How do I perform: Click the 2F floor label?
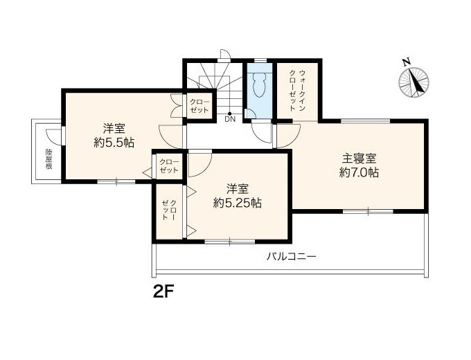[164, 291]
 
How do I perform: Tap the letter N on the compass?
[407, 62]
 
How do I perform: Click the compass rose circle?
[414, 82]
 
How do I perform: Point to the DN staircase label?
[230, 119]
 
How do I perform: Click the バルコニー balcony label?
[292, 257]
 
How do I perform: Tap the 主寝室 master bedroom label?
[359, 159]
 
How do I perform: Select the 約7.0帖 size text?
[359, 172]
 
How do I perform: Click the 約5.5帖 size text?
[114, 143]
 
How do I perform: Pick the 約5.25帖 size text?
[237, 204]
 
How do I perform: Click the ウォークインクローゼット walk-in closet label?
[296, 91]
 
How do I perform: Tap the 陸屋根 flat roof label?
[48, 159]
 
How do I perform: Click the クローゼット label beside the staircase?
[199, 106]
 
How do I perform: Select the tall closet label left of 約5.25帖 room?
[169, 210]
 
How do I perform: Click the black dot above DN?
[230, 114]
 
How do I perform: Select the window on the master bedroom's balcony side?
[368, 211]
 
